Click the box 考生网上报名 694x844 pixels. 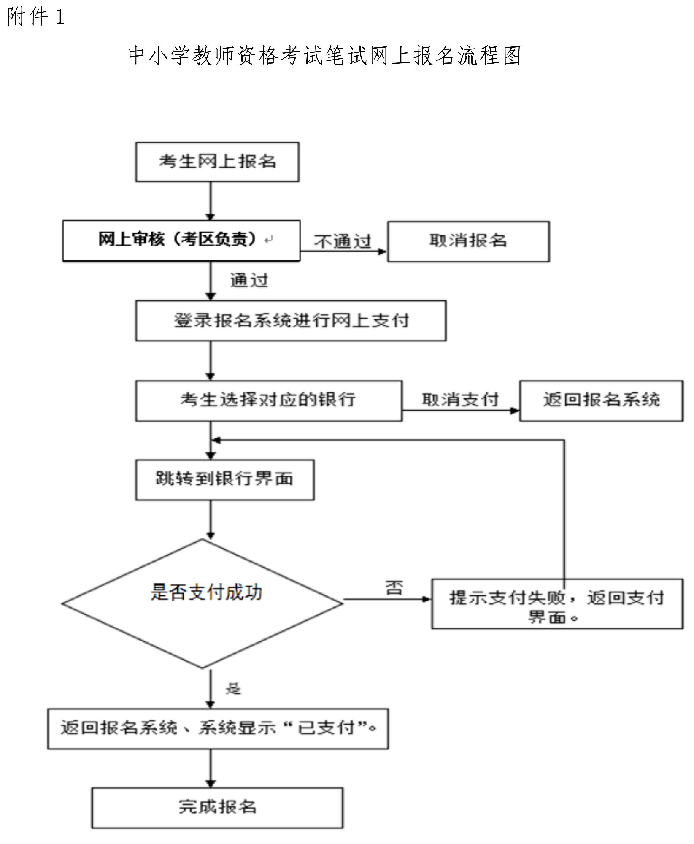[217, 162]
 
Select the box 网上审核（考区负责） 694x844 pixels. [181, 241]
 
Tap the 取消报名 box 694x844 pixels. [469, 241]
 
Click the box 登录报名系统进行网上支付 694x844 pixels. [291, 321]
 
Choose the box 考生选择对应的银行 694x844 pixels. [269, 401]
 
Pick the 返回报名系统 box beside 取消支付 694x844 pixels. [601, 401]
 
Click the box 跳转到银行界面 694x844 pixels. [225, 480]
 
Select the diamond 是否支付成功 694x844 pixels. [202, 604]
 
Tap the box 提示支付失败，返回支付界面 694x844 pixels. [557, 604]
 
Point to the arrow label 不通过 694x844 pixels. [342, 241]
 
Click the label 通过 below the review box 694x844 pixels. [249, 280]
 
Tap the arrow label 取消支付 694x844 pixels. [460, 399]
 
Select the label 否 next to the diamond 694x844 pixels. [394, 588]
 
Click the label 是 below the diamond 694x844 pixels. [233, 689]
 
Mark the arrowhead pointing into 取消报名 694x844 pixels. [383, 252]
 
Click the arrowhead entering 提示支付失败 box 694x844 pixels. [427, 599]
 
